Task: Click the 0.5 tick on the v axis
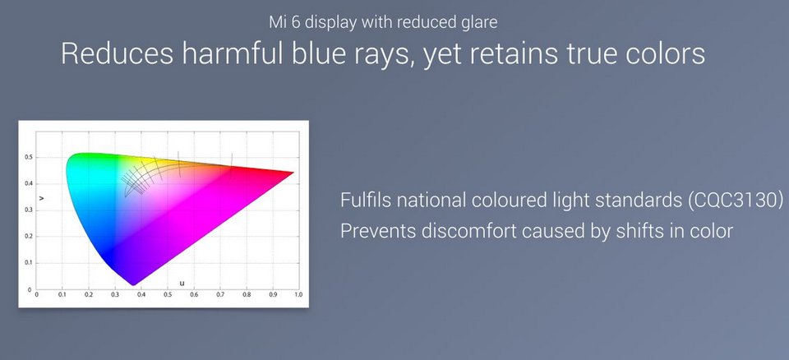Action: (28, 158)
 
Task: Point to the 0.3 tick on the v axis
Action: (28, 210)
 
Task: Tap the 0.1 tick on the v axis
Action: (28, 263)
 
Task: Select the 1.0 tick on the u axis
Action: (298, 294)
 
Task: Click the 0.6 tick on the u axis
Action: (194, 294)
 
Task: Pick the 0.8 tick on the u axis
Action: (246, 294)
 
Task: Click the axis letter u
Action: (182, 284)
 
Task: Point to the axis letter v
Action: (42, 198)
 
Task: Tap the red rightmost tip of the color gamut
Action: (294, 173)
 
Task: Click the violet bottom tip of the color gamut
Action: (133, 285)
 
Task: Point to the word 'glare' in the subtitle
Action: (478, 23)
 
